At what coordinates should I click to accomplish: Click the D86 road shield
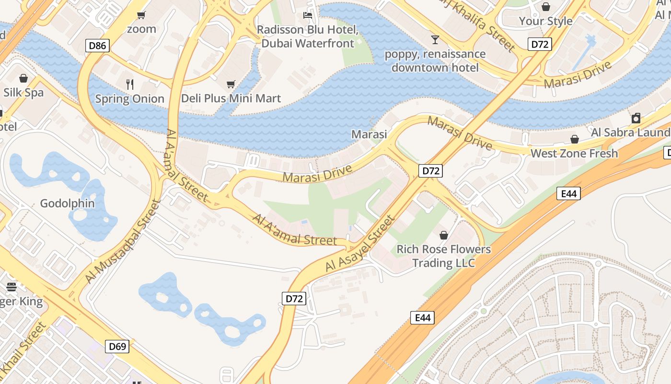point(98,46)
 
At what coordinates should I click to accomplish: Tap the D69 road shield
point(117,346)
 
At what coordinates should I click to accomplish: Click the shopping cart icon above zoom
point(141,15)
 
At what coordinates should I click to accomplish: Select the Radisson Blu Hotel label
point(308,36)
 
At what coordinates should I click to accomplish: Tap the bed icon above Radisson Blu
point(308,16)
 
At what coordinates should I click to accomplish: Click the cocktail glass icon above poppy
point(435,40)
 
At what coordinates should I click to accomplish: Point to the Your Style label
point(546,21)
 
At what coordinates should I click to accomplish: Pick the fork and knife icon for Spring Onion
point(129,84)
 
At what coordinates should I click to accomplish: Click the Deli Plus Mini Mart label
point(231,98)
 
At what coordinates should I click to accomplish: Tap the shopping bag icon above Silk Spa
point(23,78)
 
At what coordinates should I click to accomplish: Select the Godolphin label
point(67,204)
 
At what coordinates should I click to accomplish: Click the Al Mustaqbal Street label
point(122,241)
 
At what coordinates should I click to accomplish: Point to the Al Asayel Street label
point(359,244)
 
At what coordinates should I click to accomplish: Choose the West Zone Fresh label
point(574,154)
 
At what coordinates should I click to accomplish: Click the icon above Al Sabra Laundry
point(636,118)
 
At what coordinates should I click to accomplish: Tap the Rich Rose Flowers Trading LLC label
point(444,256)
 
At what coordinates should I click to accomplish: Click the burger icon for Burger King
point(12,287)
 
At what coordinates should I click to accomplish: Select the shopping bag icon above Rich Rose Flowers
point(444,235)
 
